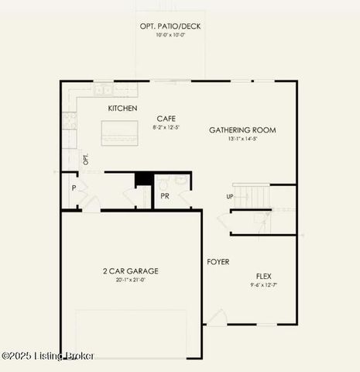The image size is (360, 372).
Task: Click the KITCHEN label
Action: [123, 108]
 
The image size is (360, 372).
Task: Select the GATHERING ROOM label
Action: [242, 130]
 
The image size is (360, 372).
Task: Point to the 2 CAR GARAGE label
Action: [130, 271]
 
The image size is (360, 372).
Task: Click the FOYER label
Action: [218, 262]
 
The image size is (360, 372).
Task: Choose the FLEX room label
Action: [264, 276]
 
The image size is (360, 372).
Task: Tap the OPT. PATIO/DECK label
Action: [170, 26]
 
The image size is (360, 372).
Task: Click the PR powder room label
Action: [165, 196]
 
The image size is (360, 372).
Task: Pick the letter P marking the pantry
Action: [74, 188]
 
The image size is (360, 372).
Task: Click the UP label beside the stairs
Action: [229, 196]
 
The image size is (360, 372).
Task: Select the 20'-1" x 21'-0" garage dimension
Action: [130, 281]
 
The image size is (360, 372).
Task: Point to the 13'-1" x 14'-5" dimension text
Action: [242, 139]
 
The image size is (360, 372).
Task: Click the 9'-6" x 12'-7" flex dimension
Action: [264, 285]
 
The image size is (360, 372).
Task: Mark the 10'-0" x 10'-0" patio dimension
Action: [170, 35]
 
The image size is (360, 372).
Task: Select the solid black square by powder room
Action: [143, 179]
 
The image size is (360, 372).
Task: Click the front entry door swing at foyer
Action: [216, 317]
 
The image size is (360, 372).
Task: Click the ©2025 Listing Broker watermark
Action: [48, 356]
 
